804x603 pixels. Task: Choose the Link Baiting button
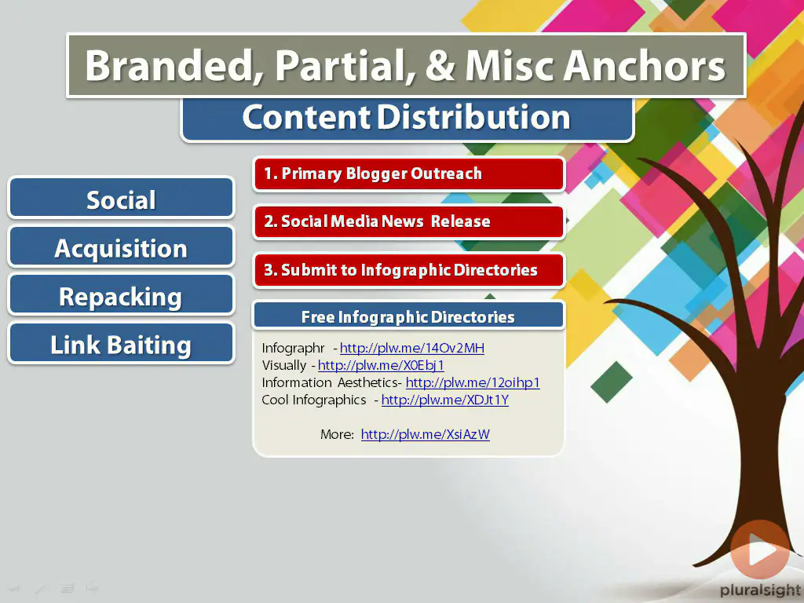pos(121,343)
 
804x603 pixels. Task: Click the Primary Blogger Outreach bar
pos(408,174)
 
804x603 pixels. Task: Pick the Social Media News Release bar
pos(408,222)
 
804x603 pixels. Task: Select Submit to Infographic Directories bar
pos(408,270)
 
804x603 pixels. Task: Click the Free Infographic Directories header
pos(408,316)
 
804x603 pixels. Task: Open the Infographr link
pos(411,348)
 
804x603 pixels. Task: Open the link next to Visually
pos(381,366)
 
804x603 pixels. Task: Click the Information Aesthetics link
pos(473,383)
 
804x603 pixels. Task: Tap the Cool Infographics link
pos(445,400)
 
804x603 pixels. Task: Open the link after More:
pos(425,435)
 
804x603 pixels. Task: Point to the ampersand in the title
pos(440,66)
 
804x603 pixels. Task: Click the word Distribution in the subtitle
pos(473,117)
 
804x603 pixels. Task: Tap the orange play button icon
pos(760,550)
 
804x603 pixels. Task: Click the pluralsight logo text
pos(761,590)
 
